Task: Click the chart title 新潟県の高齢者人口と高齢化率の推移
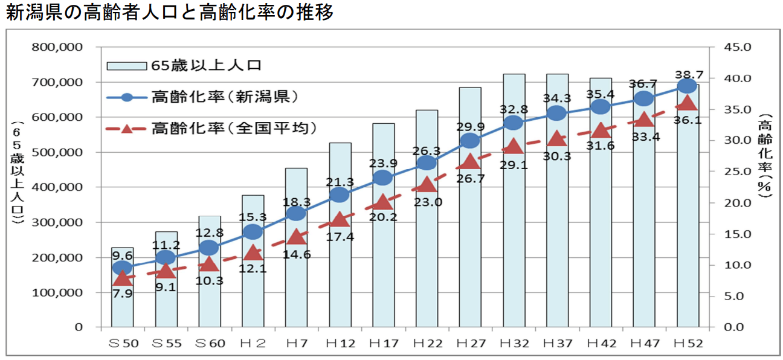(x=170, y=13)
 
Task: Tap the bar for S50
(x=122, y=302)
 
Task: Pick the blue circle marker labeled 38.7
(x=687, y=86)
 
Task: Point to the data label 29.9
(x=471, y=126)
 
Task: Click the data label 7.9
(x=122, y=293)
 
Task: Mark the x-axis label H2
(x=253, y=343)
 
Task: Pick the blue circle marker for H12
(x=340, y=194)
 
